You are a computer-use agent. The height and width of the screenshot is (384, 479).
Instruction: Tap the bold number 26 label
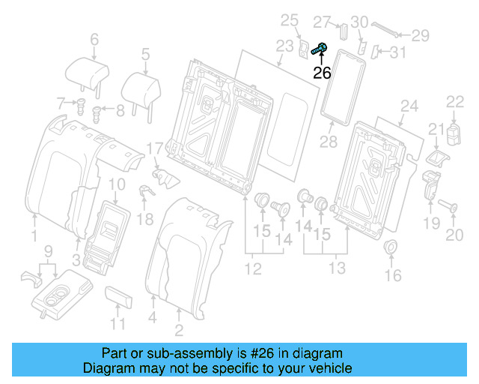[x=322, y=73]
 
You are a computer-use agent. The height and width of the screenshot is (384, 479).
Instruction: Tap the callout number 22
[x=455, y=102]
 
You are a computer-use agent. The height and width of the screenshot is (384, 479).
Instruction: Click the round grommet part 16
[x=391, y=248]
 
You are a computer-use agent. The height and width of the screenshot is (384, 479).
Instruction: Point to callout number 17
[x=154, y=148]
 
